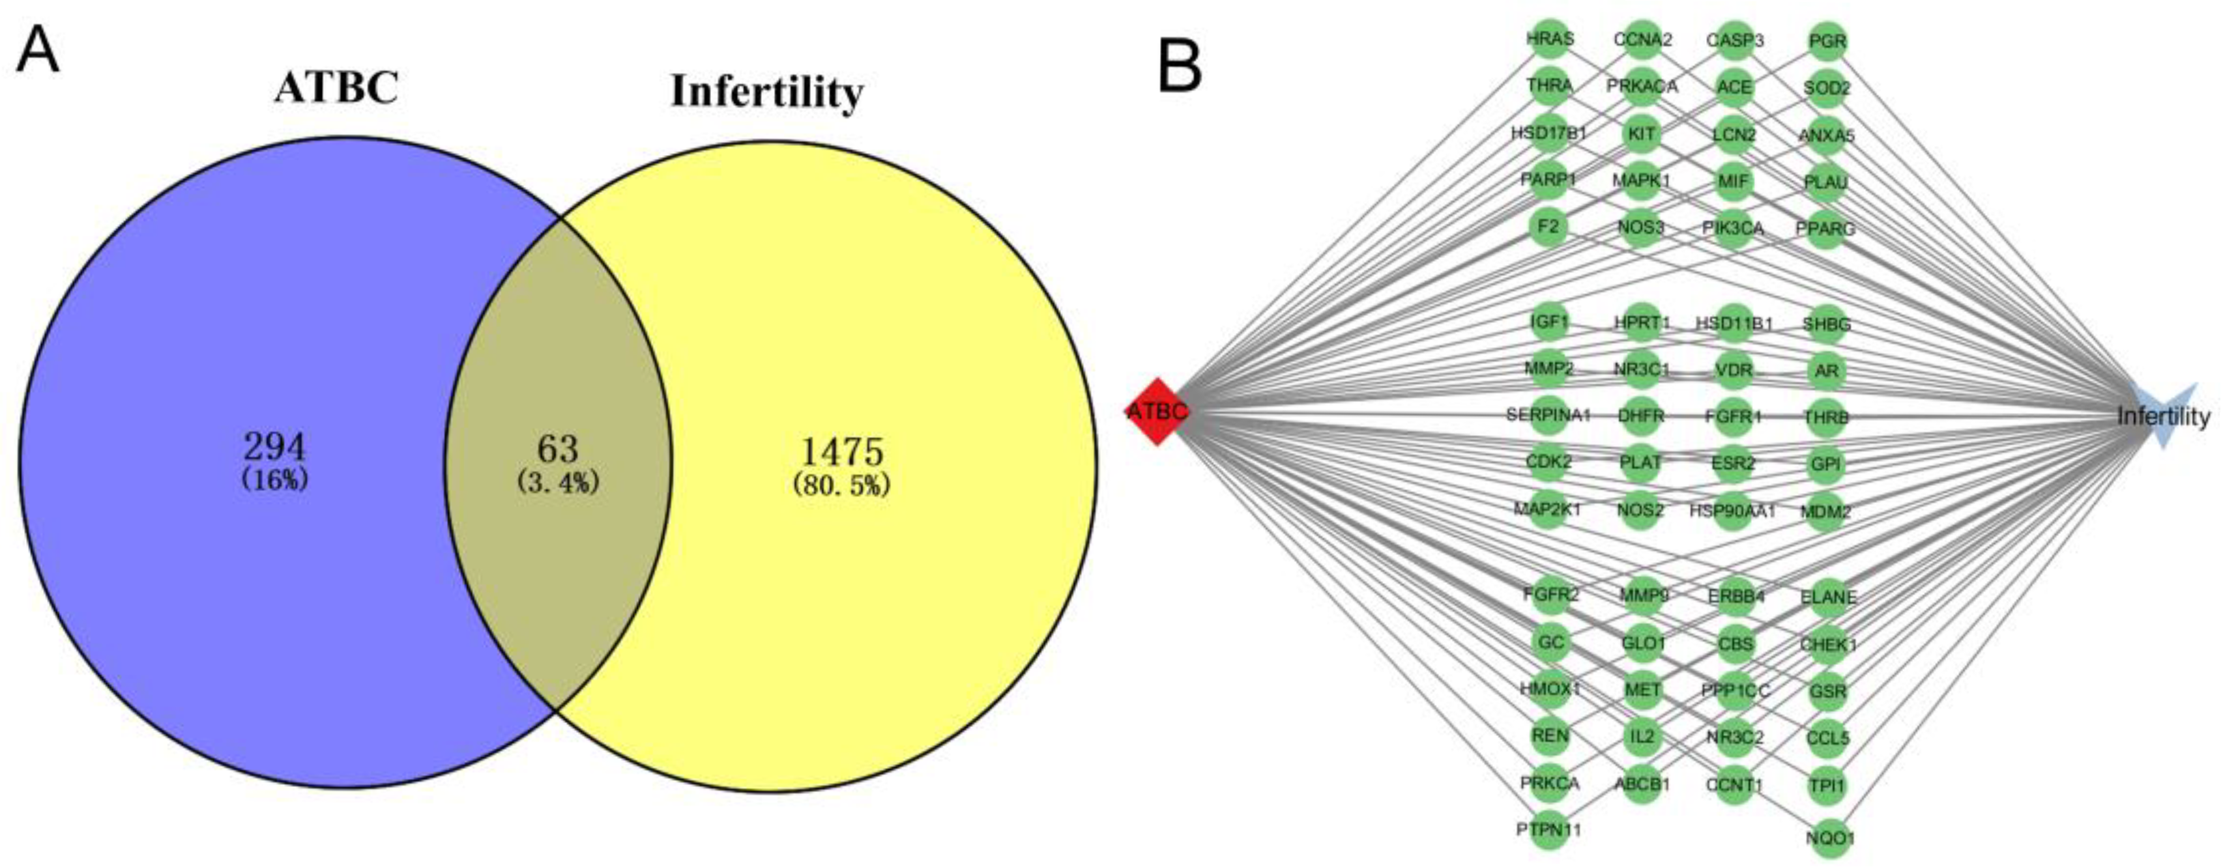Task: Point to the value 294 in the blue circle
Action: (274, 447)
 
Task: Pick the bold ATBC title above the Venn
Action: (336, 88)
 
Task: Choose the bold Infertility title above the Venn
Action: (766, 91)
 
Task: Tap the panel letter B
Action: (1179, 66)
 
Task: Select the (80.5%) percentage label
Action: (841, 486)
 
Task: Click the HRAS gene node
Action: (1550, 40)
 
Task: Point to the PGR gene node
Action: (1827, 40)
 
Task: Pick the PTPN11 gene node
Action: (1549, 830)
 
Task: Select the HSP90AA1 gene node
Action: (1733, 511)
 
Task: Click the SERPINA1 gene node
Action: (1549, 415)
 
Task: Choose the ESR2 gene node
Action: (1733, 463)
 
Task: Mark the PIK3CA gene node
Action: (1733, 228)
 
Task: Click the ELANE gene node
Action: (1828, 596)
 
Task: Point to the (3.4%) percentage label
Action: (557, 482)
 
